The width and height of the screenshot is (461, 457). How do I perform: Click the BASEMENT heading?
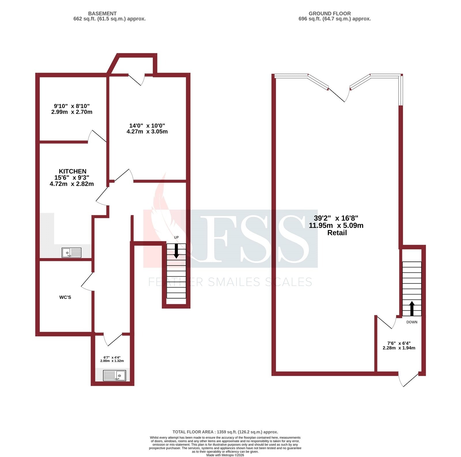102,14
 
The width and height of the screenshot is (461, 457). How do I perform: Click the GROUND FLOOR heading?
330,14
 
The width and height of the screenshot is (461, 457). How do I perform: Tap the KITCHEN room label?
73,171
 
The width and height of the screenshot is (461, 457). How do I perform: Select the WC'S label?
65,297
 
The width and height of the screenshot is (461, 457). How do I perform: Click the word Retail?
337,233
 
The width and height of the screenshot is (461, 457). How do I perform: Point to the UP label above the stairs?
176,237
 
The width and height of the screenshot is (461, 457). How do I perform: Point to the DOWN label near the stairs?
412,322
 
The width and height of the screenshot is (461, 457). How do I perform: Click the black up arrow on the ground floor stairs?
412,308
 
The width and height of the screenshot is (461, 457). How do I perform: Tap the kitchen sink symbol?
71,253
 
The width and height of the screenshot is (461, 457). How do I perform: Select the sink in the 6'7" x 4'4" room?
115,376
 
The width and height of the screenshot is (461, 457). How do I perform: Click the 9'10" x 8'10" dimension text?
72,109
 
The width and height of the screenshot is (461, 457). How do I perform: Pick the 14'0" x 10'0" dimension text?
147,128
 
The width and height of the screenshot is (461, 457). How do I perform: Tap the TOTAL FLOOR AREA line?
225,432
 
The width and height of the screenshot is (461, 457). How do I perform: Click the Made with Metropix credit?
225,455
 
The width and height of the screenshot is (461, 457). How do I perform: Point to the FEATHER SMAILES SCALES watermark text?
230,282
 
